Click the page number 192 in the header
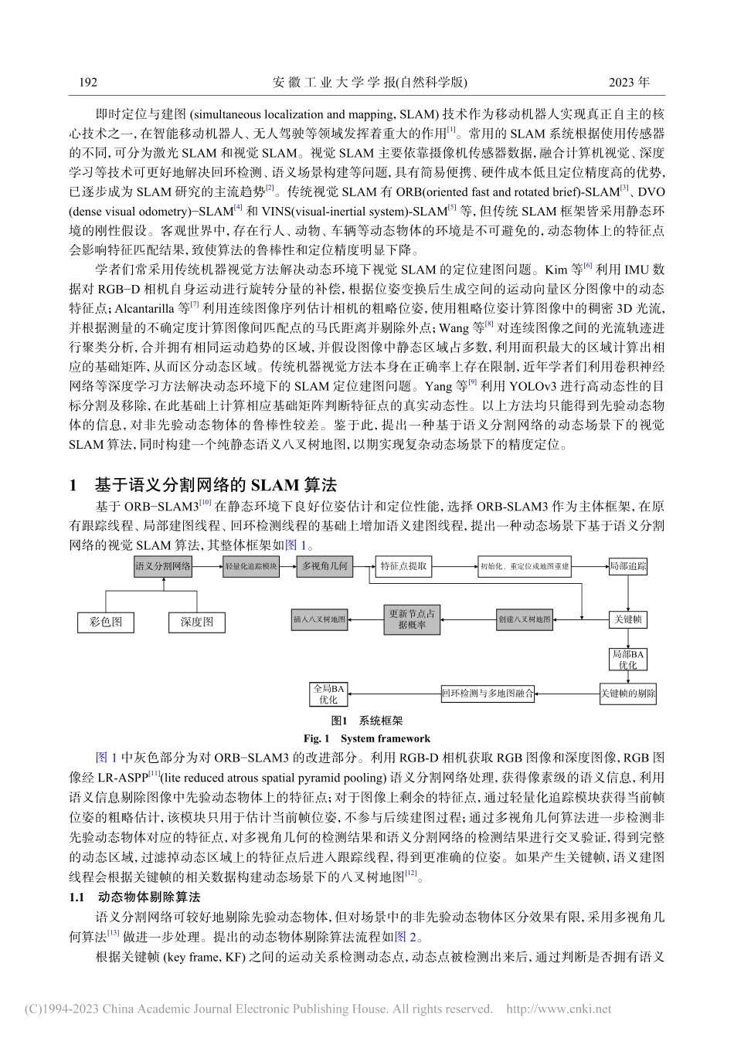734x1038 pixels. tap(87, 81)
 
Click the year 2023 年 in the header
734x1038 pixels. tap(629, 81)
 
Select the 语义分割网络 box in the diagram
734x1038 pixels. tap(163, 566)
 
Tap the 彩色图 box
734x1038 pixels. tap(106, 621)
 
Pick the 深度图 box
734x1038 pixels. tap(196, 621)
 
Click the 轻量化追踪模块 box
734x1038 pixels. tap(250, 566)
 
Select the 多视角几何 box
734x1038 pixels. tap(325, 566)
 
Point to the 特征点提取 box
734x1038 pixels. tap(403, 566)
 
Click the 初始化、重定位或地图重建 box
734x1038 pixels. tap(525, 566)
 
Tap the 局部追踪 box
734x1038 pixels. tap(628, 566)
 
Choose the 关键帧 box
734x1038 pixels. tap(627, 619)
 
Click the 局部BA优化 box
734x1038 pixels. tap(627, 660)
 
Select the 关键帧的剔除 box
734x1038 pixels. tap(627, 693)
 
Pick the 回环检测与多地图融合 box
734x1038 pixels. tap(487, 693)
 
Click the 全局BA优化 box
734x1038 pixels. tap(328, 693)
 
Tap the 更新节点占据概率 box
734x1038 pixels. tap(413, 619)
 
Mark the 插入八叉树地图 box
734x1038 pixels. tap(320, 619)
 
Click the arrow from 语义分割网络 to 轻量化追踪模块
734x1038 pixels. tap(207, 566)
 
